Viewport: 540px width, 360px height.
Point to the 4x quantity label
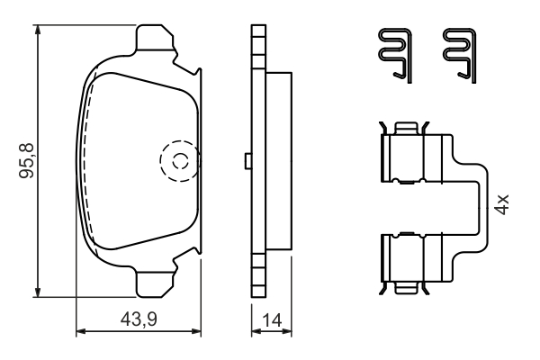coord(502,203)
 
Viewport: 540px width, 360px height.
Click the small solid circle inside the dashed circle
coord(180,162)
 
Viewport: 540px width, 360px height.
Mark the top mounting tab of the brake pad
coord(154,40)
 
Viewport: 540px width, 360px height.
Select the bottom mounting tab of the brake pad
coord(154,283)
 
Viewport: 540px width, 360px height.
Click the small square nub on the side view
coord(246,161)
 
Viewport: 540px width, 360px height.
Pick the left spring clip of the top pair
coord(391,55)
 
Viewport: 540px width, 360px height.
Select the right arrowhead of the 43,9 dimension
coord(200,331)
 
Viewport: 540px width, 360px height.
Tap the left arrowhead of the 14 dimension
coord(253,331)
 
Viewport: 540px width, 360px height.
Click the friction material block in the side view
coord(280,162)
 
